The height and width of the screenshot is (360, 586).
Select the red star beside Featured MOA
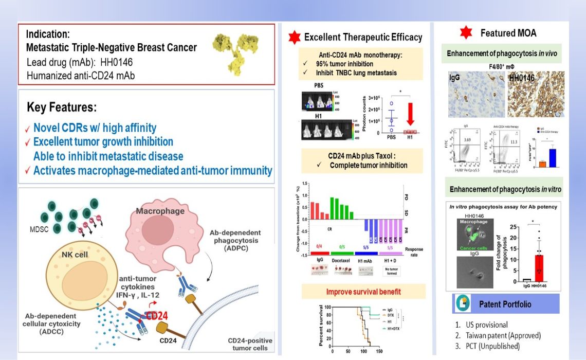pyautogui.click(x=465, y=33)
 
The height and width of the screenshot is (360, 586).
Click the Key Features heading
pyautogui.click(x=62, y=108)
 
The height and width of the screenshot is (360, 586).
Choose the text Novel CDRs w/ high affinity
pyautogui.click(x=95, y=128)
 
